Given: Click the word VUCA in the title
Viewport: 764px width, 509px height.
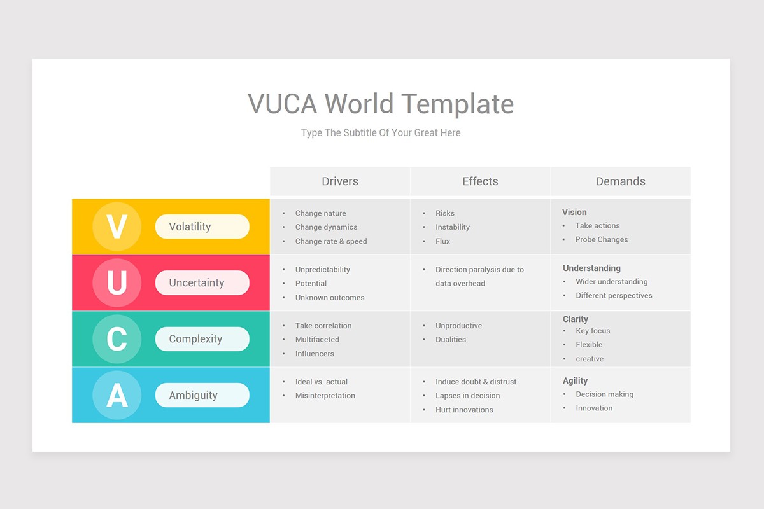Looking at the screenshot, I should tap(282, 104).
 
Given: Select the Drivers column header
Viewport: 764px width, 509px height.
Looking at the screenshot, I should tap(340, 181).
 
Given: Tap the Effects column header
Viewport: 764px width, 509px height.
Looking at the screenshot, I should tap(480, 181).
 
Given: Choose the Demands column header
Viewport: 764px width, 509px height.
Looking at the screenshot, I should tap(620, 181).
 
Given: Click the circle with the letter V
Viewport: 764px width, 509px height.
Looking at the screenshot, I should tap(117, 227).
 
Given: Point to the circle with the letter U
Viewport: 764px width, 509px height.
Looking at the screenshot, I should tap(117, 282).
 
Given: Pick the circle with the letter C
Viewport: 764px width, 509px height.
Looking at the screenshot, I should tap(117, 338).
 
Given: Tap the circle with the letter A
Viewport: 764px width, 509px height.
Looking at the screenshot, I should tap(117, 395).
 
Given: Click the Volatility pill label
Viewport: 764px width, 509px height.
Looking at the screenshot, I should tap(202, 227).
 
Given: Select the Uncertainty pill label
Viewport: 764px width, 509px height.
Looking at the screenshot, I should tap(202, 282).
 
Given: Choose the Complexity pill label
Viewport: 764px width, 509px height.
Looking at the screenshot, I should tap(202, 339).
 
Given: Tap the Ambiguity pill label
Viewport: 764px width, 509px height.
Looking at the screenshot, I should tap(202, 395).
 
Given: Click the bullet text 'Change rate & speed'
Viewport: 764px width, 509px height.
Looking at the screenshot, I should tap(331, 241).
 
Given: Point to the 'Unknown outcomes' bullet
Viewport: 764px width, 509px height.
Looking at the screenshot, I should tap(330, 298).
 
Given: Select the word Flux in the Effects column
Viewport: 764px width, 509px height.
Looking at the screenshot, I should tap(443, 241).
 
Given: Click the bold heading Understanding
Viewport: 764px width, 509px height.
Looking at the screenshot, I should tap(591, 268).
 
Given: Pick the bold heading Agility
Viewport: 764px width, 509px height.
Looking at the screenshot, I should tap(576, 380).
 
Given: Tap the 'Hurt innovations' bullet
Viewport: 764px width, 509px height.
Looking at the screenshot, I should tap(464, 410).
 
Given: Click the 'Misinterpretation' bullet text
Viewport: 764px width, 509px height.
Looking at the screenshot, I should tap(325, 396).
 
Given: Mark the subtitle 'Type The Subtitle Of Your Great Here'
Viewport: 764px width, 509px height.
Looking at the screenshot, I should tap(381, 133).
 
